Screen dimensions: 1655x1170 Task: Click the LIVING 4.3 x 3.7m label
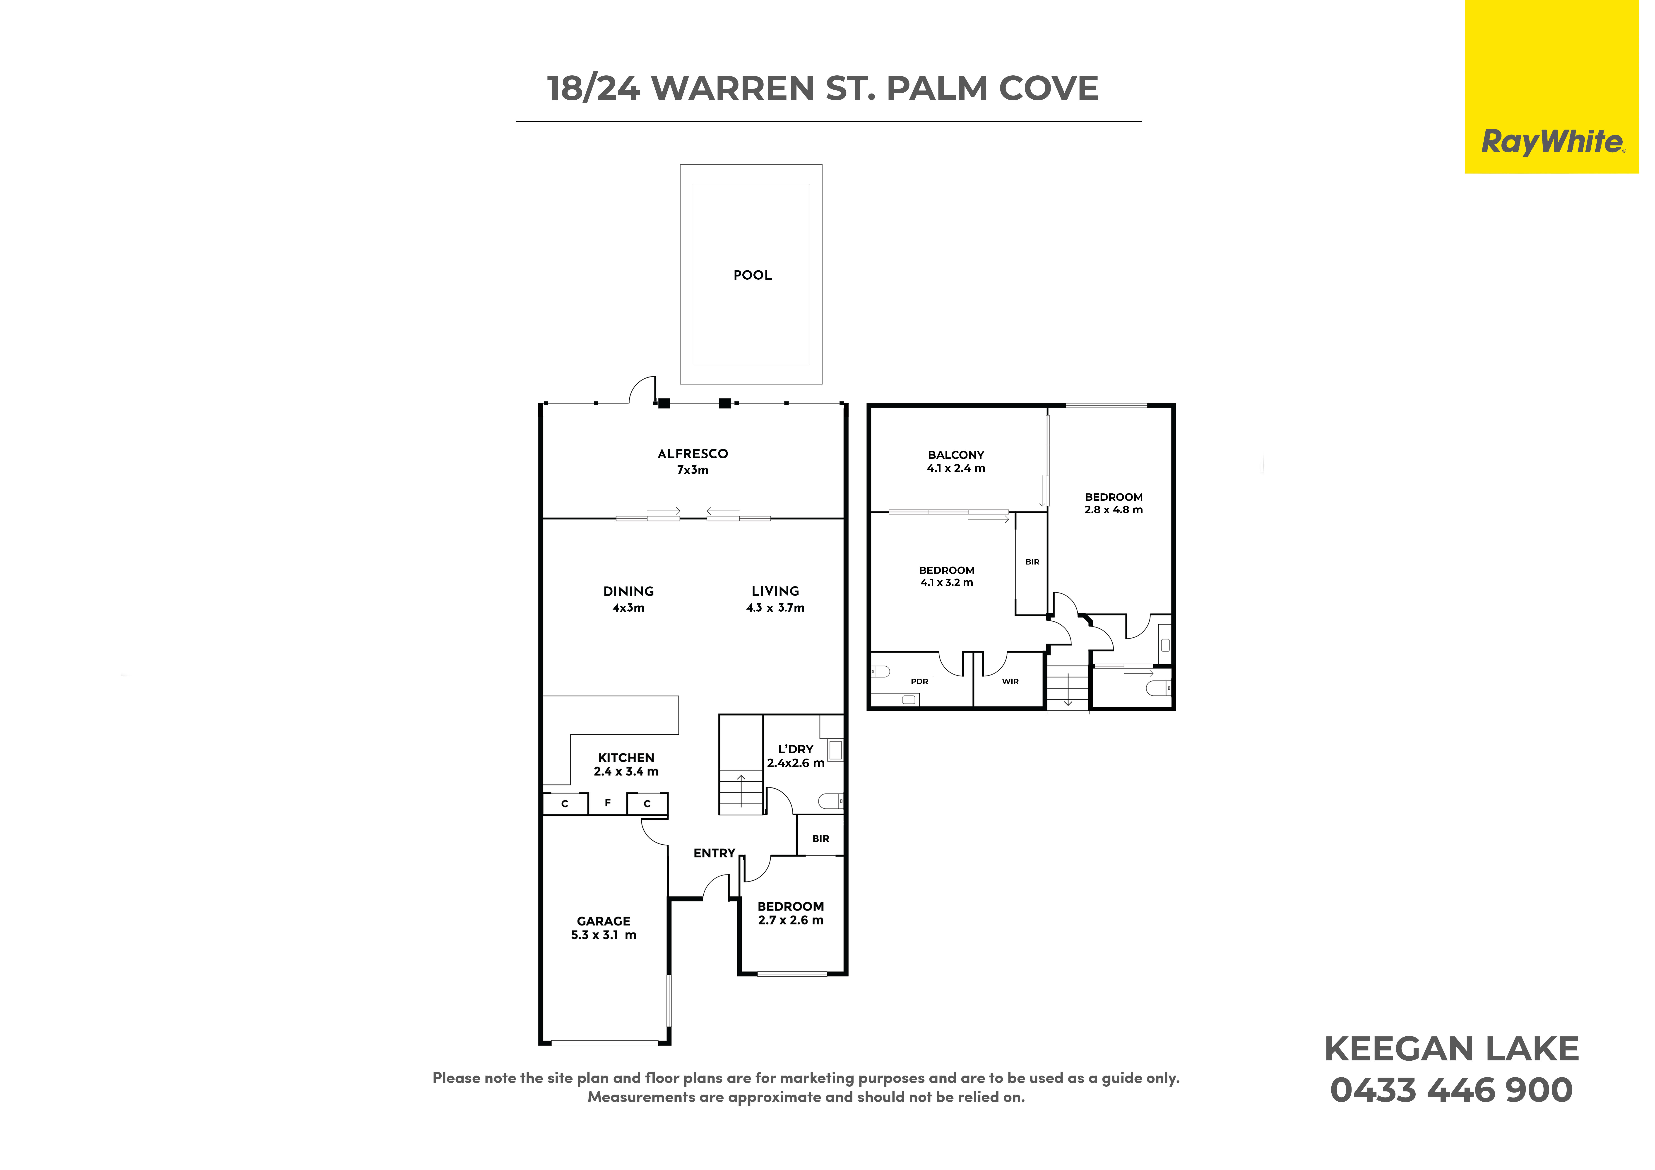[776, 599]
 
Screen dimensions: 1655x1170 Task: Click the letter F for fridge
[608, 802]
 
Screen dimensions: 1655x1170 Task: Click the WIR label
[1010, 681]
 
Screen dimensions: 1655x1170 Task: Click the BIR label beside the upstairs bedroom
[1032, 562]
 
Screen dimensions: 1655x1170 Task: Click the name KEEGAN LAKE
[1452, 1049]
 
